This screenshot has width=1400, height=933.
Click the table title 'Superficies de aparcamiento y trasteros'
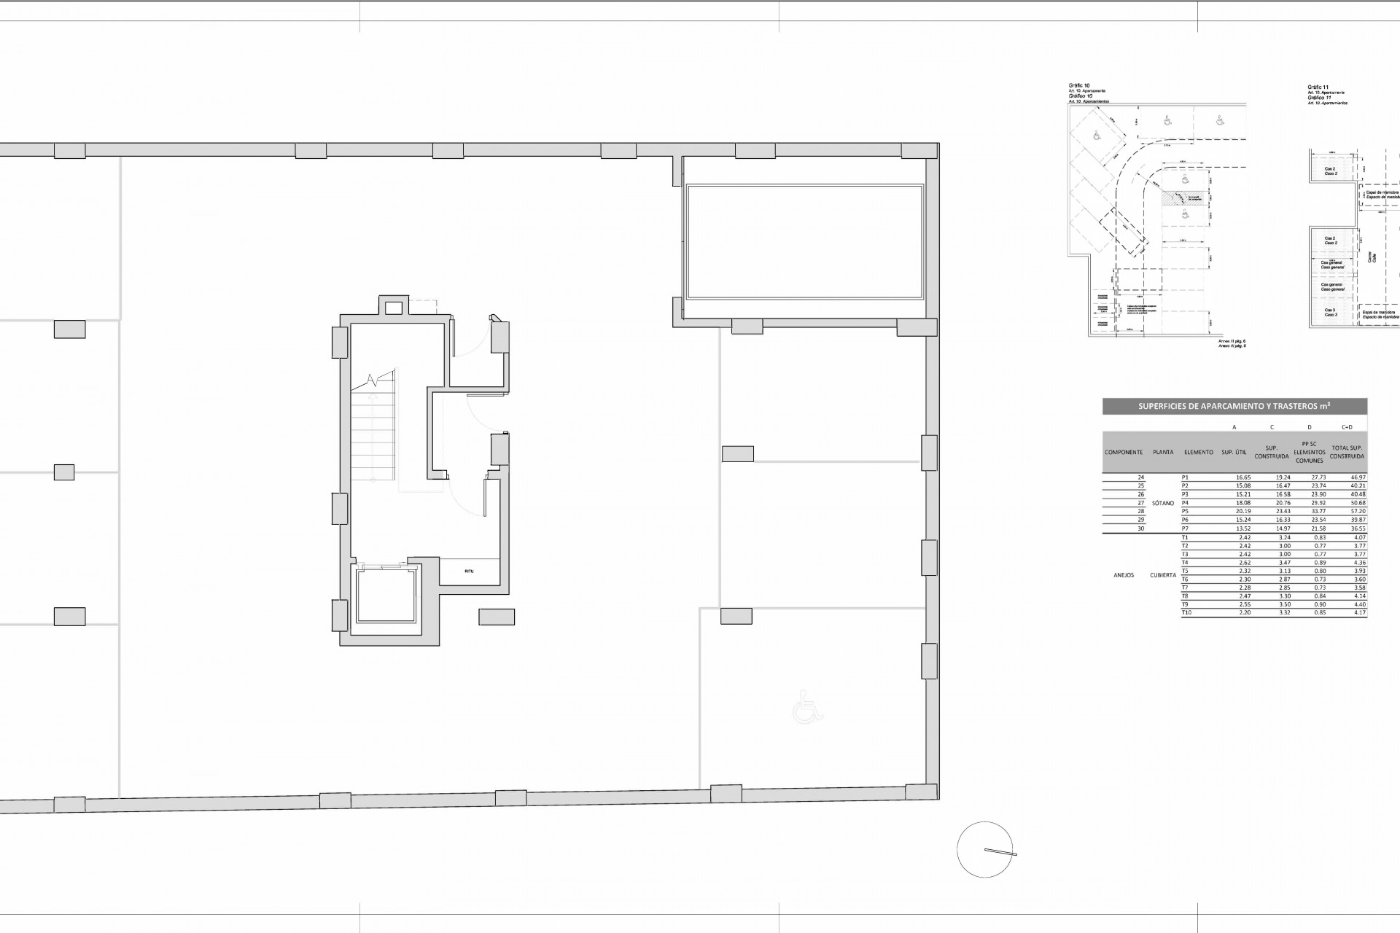pyautogui.click(x=1234, y=407)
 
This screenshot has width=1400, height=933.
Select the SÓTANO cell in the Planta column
pyautogui.click(x=1163, y=503)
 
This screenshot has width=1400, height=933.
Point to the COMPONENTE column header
pyautogui.click(x=1124, y=452)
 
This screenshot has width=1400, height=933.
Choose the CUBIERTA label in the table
pyautogui.click(x=1163, y=575)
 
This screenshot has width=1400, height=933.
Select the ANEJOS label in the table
pyautogui.click(x=1124, y=575)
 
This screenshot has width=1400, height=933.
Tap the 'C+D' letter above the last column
pyautogui.click(x=1347, y=427)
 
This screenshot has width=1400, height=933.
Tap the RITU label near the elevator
pyautogui.click(x=469, y=571)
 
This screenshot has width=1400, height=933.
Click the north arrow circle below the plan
pyautogui.click(x=984, y=850)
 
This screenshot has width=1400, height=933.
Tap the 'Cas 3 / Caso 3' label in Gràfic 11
pyautogui.click(x=1330, y=313)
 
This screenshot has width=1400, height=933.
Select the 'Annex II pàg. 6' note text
pyautogui.click(x=1232, y=340)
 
